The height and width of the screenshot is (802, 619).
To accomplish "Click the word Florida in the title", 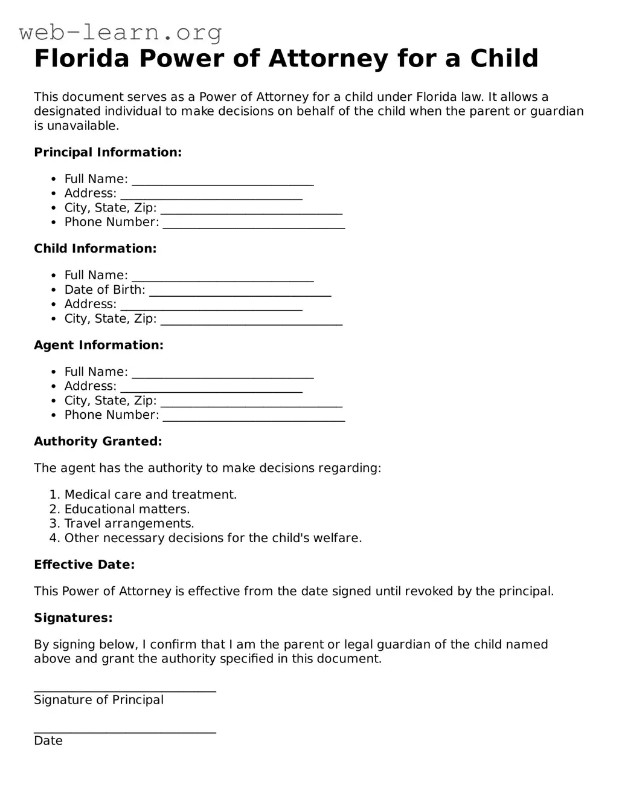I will click(x=82, y=59).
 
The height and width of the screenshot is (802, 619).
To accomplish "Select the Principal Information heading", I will click(x=107, y=152).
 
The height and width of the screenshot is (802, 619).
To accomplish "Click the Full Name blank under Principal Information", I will click(x=222, y=181).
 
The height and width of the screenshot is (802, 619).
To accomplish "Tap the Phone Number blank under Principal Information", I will click(x=254, y=224).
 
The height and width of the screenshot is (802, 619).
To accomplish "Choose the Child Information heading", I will click(x=95, y=248).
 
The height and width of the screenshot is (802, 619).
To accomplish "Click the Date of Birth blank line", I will click(x=240, y=292).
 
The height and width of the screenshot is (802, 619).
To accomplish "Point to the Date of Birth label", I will click(x=104, y=289).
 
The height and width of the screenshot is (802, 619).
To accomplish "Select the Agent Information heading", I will click(x=98, y=345).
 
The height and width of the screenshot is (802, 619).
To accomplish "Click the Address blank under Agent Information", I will click(x=211, y=388).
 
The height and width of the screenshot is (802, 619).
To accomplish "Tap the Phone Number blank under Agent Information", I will click(x=254, y=417).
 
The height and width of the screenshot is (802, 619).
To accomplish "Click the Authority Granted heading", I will click(x=98, y=441).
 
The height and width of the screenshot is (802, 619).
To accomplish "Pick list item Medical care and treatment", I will click(x=150, y=494).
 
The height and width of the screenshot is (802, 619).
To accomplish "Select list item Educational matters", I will click(x=127, y=509).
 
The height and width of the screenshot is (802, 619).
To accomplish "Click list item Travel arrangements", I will click(x=129, y=523).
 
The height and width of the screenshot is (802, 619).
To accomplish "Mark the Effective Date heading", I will click(x=84, y=564).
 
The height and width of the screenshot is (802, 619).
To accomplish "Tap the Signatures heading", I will click(x=73, y=618).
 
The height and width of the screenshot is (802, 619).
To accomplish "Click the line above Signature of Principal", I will click(x=124, y=690).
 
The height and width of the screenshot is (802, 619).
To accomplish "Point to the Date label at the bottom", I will click(x=48, y=740).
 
